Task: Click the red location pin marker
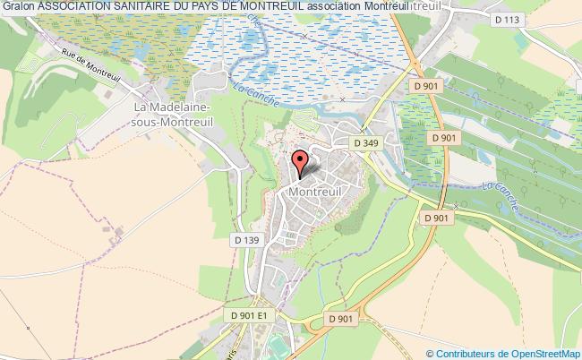(301, 163)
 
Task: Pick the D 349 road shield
(364, 141)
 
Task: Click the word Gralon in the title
(18, 6)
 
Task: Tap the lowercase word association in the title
(332, 6)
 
